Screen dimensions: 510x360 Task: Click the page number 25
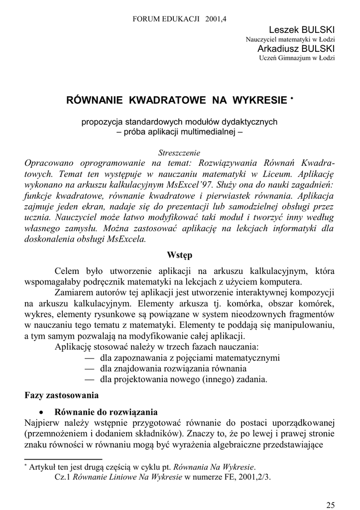[331, 502]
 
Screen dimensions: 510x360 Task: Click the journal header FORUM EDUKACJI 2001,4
[180, 19]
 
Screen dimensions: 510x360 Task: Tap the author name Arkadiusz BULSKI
[296, 48]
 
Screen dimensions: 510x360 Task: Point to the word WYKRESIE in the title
[259, 100]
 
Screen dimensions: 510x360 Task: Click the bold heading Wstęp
[179, 255]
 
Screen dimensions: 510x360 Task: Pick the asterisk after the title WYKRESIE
[293, 97]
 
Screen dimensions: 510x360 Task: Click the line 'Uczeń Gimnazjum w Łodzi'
[297, 58]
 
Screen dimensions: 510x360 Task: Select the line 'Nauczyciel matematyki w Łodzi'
[290, 39]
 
